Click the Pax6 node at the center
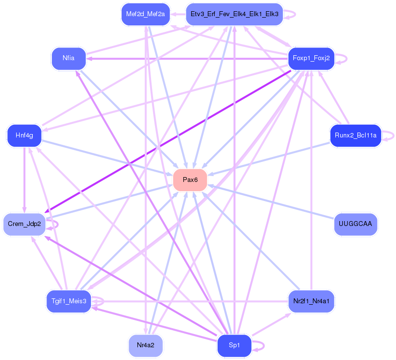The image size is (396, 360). point(190,180)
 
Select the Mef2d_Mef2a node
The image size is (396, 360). point(146,14)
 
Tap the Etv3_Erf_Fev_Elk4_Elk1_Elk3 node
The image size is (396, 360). point(234,14)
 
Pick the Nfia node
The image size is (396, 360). point(69,58)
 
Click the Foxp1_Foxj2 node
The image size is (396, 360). point(311,58)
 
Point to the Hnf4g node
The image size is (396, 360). point(24,135)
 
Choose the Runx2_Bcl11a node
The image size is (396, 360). point(355,135)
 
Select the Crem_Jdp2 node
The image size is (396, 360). point(24,224)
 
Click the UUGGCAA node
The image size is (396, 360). point(355,224)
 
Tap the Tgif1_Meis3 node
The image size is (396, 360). point(69,301)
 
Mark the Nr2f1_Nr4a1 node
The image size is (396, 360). point(311,301)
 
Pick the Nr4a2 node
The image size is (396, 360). point(146,345)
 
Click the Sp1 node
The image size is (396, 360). point(234,345)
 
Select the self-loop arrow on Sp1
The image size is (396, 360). point(258,346)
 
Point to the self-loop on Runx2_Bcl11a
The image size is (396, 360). point(388,136)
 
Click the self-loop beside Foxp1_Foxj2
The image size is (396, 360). point(341,59)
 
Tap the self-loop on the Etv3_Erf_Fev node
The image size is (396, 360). point(290,14)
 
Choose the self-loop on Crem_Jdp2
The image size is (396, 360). point(52,225)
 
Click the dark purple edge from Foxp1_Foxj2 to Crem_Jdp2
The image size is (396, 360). point(168,141)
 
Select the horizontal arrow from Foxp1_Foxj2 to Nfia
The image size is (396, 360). point(187,59)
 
